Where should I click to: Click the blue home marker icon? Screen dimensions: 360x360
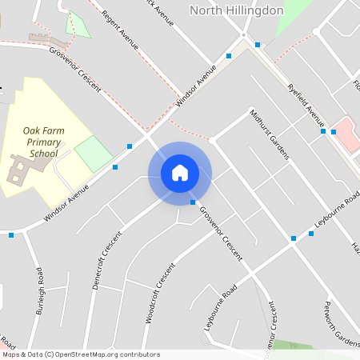[179, 173]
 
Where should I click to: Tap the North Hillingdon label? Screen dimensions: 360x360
[236, 10]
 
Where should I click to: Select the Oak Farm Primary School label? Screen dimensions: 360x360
[44, 142]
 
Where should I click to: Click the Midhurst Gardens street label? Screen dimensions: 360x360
[267, 134]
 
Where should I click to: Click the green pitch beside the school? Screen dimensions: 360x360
[94, 154]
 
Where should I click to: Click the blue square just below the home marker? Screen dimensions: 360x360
[193, 202]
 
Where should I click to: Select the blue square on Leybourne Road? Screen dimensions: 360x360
[294, 238]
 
